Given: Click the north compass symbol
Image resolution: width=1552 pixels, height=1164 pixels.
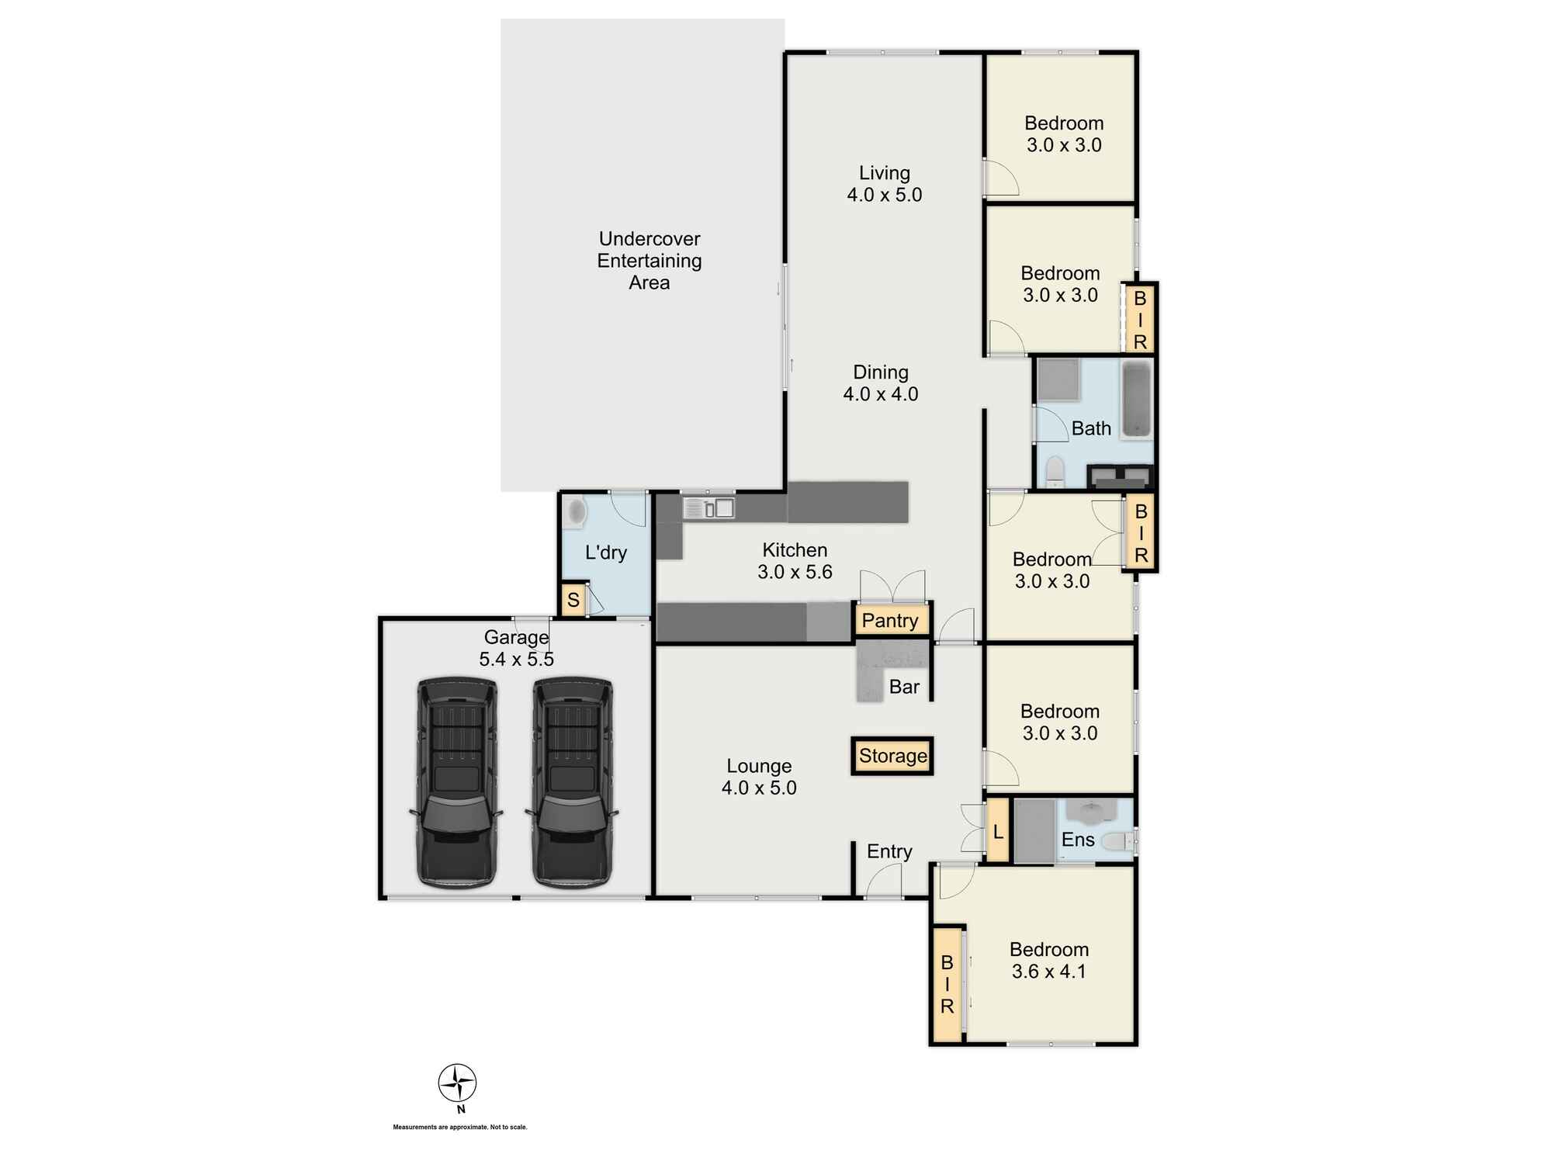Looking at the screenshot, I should click(457, 1083).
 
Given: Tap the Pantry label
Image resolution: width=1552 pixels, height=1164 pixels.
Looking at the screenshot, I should click(890, 621).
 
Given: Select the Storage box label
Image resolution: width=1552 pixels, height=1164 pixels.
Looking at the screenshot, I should click(892, 756).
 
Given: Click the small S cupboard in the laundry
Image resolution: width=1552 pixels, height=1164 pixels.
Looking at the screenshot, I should click(573, 600).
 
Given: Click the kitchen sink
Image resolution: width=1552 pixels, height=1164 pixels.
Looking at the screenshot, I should click(708, 508).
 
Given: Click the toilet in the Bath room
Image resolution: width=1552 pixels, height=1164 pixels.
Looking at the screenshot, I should click(1055, 472).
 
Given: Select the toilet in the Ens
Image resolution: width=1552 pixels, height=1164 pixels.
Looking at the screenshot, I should click(1118, 841).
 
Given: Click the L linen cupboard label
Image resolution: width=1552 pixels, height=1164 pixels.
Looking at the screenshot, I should click(998, 833).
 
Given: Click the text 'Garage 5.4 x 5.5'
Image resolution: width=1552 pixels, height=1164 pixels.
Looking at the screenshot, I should click(516, 648).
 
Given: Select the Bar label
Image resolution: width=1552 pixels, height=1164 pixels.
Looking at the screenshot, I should click(904, 687).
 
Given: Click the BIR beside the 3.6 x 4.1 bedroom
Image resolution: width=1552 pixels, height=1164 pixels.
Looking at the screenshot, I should click(947, 984).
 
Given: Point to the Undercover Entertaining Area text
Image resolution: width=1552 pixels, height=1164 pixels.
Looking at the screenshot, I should click(650, 261).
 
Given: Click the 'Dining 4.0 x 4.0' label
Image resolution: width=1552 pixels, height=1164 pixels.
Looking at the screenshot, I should click(881, 383).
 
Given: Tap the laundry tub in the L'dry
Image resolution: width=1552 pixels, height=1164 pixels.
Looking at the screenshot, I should click(575, 513).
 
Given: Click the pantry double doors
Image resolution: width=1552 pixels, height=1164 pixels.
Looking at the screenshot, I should click(892, 586).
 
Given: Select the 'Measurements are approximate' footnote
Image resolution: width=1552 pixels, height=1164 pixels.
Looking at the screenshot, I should click(460, 1127).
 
